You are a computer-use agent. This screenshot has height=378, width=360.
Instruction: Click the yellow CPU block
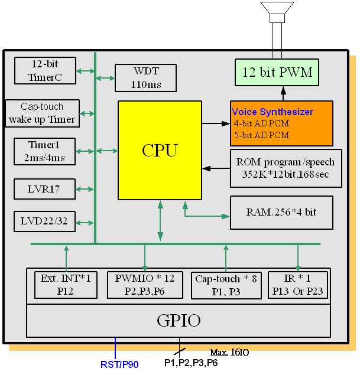coord(160,150)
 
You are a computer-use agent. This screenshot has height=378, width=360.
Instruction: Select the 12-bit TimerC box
coord(45,70)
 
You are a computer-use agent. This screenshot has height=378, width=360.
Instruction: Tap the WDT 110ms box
coord(145,77)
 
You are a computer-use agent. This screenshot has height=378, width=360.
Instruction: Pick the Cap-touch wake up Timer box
coord(41,113)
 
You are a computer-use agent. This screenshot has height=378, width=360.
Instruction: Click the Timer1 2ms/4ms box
coord(45,151)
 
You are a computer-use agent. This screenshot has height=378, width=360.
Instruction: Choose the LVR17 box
coord(45,189)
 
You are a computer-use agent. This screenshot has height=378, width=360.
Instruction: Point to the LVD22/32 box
coord(45,221)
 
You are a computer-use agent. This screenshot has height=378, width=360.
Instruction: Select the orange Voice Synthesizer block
coord(281,123)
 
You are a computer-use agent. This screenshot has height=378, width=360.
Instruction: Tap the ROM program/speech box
coord(285,168)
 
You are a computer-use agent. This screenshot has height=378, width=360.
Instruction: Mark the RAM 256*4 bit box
coord(281,212)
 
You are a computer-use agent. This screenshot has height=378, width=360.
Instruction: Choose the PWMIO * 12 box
coord(144,285)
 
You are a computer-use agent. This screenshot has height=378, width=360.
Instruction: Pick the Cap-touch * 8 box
coord(225,285)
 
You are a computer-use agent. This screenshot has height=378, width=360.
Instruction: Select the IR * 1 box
coord(297,285)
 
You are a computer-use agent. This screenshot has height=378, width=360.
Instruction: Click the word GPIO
coord(179,321)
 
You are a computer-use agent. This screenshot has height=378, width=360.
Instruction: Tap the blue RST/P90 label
coord(119,364)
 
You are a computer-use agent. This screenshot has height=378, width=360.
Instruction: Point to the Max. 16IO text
coord(229,353)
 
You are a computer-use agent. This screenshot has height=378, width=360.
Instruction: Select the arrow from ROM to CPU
coord(216,168)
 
